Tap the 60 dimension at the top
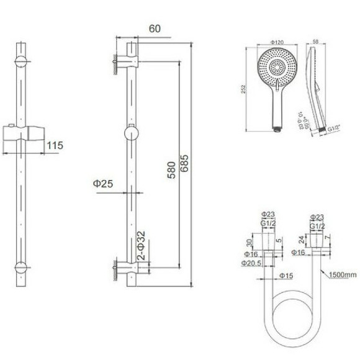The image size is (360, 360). (x=156, y=28)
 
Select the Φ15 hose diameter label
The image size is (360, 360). (x=286, y=275)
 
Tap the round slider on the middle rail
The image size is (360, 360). (x=132, y=133)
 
